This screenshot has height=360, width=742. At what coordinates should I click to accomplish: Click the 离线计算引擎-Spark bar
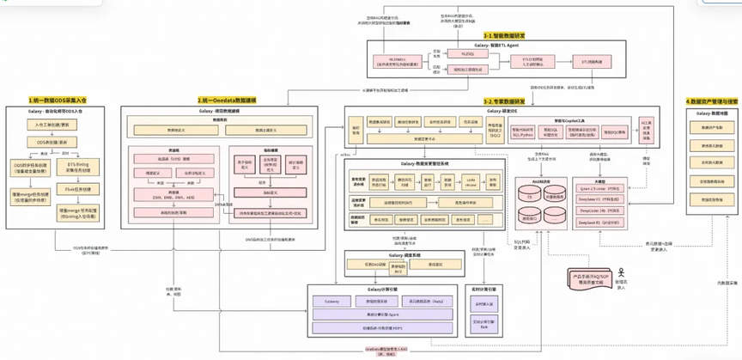click(x=382, y=315)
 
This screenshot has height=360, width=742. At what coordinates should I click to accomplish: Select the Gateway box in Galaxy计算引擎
click(x=333, y=302)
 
